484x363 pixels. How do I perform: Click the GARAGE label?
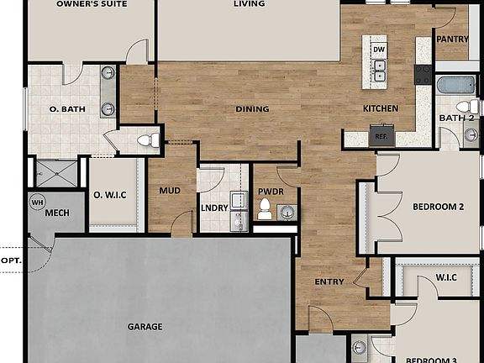pyautogui.click(x=145, y=326)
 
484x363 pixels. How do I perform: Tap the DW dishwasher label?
pyautogui.click(x=379, y=50)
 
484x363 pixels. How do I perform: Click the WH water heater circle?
pyautogui.click(x=38, y=203)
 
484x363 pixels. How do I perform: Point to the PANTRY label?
pyautogui.click(x=451, y=39)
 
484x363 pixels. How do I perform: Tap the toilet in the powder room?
pyautogui.click(x=266, y=208)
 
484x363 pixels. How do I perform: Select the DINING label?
pyautogui.click(x=252, y=108)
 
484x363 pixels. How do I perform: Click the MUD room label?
pyautogui.click(x=170, y=191)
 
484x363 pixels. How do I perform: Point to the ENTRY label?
pyautogui.click(x=329, y=281)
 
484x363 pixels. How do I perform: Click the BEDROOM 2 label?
pyautogui.click(x=438, y=207)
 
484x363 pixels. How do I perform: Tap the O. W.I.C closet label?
pyautogui.click(x=109, y=195)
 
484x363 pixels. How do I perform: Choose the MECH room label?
pyautogui.click(x=56, y=213)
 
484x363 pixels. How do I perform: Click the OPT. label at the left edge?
pyautogui.click(x=11, y=260)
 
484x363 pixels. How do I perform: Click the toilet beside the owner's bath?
pyautogui.click(x=146, y=140)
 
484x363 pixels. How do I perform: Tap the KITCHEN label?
pyautogui.click(x=380, y=108)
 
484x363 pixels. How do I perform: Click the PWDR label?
pyautogui.click(x=271, y=192)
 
